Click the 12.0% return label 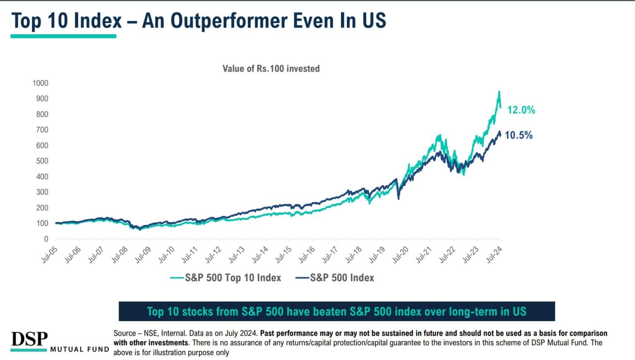click(x=521, y=110)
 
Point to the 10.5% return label click(x=518, y=135)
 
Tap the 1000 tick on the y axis click(x=40, y=83)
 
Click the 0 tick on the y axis click(x=46, y=239)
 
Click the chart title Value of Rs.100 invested click(x=271, y=69)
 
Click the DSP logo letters click(x=29, y=339)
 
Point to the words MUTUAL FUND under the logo click(x=80, y=350)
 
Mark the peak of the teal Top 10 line click(x=499, y=92)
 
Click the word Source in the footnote click(x=124, y=333)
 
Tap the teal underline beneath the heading click(x=63, y=36)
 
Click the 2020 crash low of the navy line click(x=399, y=199)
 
